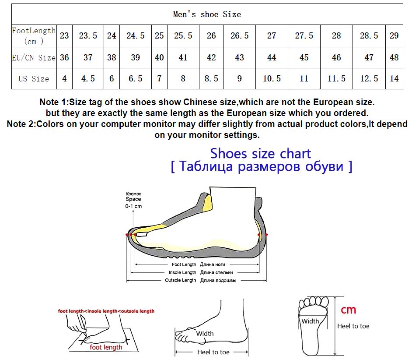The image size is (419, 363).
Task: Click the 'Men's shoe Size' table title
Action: [207, 14]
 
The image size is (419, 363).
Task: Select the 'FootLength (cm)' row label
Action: [34, 36]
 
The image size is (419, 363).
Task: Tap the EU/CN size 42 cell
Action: [211, 57]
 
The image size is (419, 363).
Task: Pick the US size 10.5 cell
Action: [272, 78]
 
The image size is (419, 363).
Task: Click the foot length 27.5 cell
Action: [304, 35]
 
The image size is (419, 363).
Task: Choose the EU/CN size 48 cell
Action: [394, 57]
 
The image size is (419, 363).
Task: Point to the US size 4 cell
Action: [64, 78]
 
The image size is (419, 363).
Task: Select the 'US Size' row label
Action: [34, 79]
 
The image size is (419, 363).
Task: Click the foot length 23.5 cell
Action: [88, 35]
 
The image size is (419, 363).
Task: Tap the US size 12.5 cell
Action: [369, 78]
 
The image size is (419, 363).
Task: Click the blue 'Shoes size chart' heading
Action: [260, 154]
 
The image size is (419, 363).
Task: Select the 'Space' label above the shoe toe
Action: [133, 199]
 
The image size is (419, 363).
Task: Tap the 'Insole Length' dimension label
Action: [182, 272]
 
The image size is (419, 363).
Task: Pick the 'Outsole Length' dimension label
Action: [180, 280]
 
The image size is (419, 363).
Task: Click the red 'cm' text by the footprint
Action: [348, 310]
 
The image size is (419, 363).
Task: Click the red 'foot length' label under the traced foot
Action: [106, 347]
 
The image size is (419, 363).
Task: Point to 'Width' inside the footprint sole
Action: [310, 321]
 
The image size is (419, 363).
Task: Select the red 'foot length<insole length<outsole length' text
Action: [106, 311]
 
